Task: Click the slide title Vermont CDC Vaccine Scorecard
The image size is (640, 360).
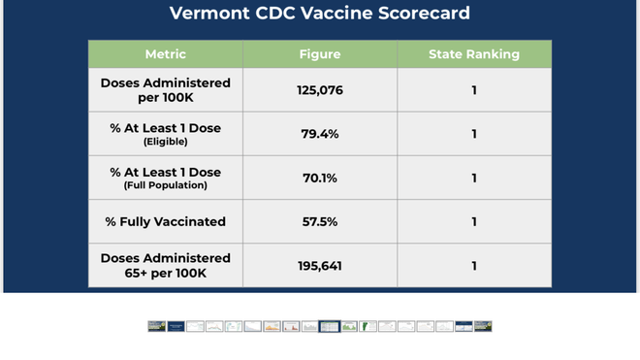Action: point(319,14)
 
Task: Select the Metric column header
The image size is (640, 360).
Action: point(165,54)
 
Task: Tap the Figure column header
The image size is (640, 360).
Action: point(319,54)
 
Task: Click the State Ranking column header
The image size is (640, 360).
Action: point(474,54)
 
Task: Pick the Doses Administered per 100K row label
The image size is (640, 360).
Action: point(165,90)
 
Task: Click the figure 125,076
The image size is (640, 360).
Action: point(319,90)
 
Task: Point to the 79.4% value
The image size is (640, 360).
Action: point(319,134)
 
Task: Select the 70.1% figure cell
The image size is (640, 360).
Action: point(319,179)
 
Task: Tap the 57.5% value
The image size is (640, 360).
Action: point(319,222)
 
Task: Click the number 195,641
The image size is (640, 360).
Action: point(319,266)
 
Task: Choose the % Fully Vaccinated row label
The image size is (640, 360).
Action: point(165,222)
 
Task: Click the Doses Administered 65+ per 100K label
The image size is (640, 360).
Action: point(165,266)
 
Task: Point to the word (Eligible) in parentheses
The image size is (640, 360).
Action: point(165,142)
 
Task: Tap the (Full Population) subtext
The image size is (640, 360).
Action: point(165,185)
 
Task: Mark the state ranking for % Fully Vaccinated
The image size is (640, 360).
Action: point(474,222)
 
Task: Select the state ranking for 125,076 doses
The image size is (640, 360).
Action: point(474,90)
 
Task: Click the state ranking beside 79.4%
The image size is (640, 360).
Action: point(474,134)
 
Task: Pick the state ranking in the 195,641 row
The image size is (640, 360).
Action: point(474,266)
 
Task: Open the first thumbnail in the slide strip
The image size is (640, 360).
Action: point(156,327)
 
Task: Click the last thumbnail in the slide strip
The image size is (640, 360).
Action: point(483,327)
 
